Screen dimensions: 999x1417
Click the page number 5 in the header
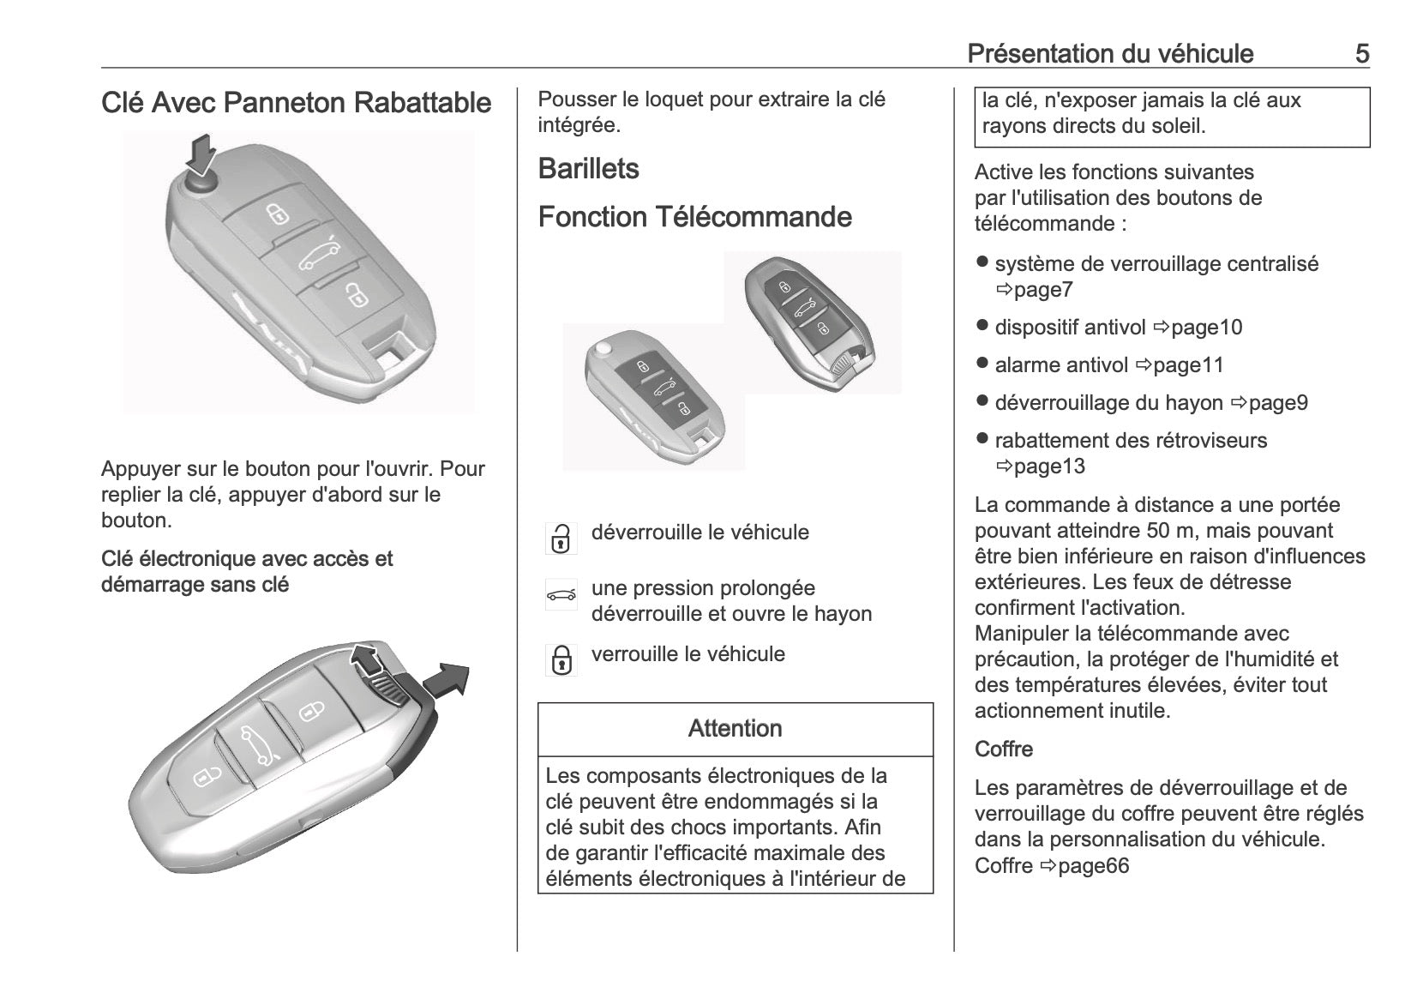coord(1361,54)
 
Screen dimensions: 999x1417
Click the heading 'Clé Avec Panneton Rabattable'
coord(296,103)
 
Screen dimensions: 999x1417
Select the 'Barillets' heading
coord(588,169)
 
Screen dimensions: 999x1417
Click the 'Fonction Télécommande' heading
coord(694,217)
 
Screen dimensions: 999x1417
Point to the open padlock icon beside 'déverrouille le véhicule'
coord(561,539)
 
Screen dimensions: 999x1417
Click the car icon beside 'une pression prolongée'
coord(561,594)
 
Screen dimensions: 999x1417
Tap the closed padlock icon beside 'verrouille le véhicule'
coord(561,660)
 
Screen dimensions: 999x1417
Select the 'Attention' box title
coord(735,729)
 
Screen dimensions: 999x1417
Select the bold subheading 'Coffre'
coord(1004,749)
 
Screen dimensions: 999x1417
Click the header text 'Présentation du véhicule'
coord(1110,54)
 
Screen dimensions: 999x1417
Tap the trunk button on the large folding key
coord(319,255)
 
